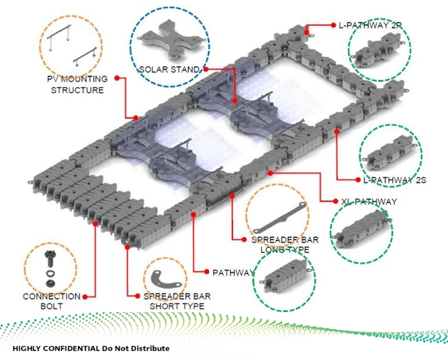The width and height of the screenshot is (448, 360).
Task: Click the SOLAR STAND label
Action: (x=168, y=70)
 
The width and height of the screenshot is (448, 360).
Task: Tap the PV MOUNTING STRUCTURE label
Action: (x=77, y=84)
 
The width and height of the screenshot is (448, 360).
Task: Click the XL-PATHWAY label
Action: (x=369, y=202)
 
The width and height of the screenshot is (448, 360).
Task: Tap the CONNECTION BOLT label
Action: (x=51, y=301)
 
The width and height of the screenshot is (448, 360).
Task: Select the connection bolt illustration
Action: (x=49, y=264)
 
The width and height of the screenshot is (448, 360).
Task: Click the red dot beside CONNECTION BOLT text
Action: (x=85, y=296)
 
